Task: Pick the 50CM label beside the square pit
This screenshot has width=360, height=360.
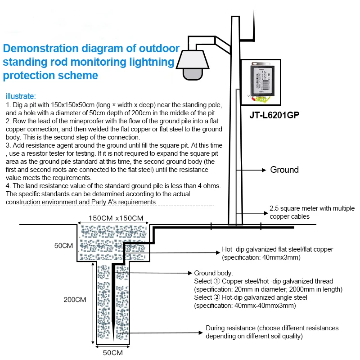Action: [x=63, y=246]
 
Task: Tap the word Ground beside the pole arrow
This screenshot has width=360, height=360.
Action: [x=284, y=170]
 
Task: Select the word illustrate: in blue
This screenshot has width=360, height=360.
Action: [x=21, y=96]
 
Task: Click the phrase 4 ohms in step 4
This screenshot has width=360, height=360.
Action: [x=208, y=186]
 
